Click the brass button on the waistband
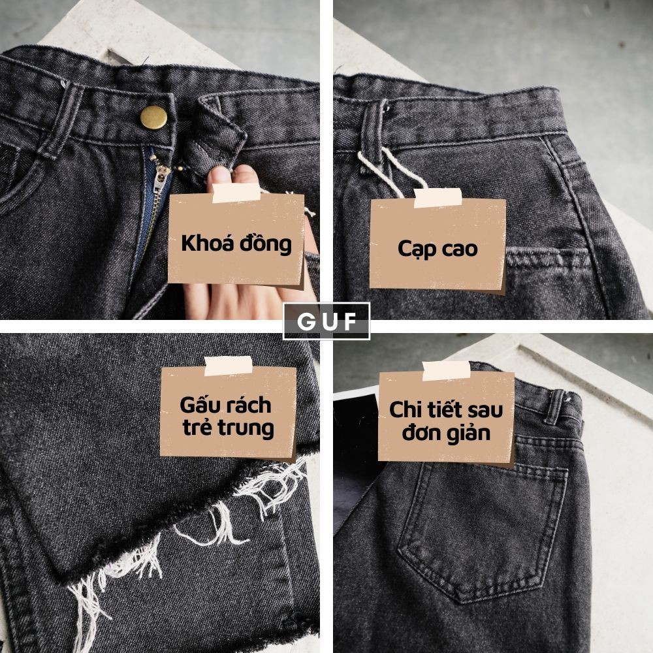tap(154, 118)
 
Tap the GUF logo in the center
tap(326, 321)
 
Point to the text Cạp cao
tap(437, 248)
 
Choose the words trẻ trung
tap(227, 429)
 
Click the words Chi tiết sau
tap(445, 410)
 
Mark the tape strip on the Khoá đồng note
tap(237, 193)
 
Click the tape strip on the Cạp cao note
tap(438, 197)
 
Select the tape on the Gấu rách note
tap(228, 366)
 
